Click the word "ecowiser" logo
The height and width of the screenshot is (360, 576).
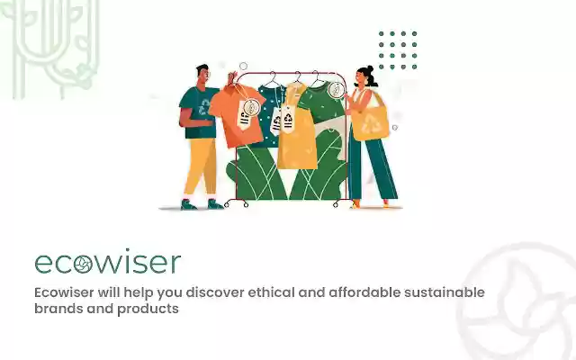point(108,263)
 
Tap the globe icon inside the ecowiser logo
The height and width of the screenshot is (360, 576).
point(83,264)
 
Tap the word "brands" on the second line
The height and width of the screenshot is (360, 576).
point(58,309)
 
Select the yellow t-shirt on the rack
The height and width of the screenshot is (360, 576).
point(298,135)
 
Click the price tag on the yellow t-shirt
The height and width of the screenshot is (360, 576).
point(289,118)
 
